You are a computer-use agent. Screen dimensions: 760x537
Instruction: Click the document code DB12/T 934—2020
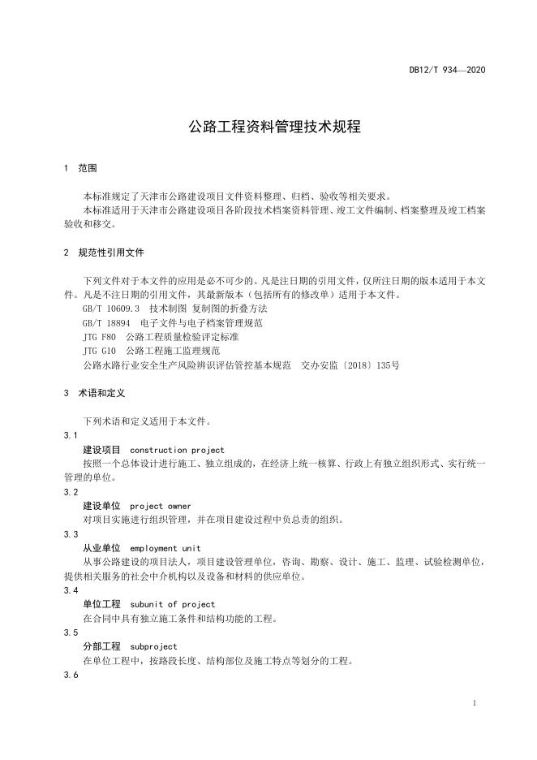447,70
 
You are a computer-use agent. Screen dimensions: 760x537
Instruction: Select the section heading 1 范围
80,168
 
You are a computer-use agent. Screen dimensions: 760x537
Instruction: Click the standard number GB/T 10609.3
111,309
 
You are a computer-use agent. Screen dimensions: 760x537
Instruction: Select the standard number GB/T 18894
106,322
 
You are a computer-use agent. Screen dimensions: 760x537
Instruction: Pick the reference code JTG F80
100,337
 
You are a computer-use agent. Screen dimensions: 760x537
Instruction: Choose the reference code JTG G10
100,351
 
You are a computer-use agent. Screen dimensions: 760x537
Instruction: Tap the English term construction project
177,450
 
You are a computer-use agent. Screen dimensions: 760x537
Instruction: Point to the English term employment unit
165,548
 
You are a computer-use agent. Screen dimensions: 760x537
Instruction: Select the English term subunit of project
172,604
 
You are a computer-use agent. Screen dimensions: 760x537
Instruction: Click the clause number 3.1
71,436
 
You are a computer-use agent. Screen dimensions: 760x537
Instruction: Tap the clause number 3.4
71,590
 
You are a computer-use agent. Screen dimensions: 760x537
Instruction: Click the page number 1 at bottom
474,703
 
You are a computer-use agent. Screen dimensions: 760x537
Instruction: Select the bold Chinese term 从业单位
101,548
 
